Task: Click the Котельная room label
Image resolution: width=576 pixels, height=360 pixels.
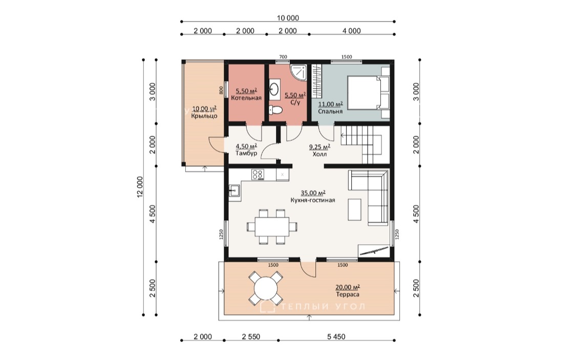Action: pyautogui.click(x=246, y=98)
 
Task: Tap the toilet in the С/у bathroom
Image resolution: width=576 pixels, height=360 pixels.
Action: pyautogui.click(x=275, y=110)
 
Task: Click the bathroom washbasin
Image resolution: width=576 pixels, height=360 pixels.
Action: pyautogui.click(x=274, y=89)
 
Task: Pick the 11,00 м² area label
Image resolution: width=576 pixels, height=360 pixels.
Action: pyautogui.click(x=330, y=104)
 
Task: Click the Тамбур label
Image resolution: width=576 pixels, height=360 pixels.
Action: pyautogui.click(x=246, y=153)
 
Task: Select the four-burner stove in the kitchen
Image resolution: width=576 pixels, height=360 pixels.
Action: pyautogui.click(x=258, y=175)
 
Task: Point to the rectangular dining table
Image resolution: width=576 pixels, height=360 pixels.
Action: pyautogui.click(x=272, y=227)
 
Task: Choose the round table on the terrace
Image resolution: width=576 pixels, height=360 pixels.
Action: pyautogui.click(x=266, y=288)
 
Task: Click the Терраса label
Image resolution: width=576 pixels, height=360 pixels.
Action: pyautogui.click(x=348, y=294)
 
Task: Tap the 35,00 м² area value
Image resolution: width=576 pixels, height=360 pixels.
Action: pyautogui.click(x=313, y=193)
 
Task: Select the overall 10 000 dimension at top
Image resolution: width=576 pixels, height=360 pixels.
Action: pyautogui.click(x=288, y=18)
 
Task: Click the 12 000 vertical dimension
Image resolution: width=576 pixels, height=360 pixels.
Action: pyautogui.click(x=140, y=187)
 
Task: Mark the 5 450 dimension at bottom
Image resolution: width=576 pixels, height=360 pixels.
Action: pyautogui.click(x=336, y=337)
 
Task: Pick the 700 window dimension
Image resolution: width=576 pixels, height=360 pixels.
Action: pyautogui.click(x=283, y=57)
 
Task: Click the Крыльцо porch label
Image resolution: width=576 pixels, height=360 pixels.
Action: pyautogui.click(x=204, y=116)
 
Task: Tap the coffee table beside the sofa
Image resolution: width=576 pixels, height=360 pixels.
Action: pyautogui.click(x=354, y=209)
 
